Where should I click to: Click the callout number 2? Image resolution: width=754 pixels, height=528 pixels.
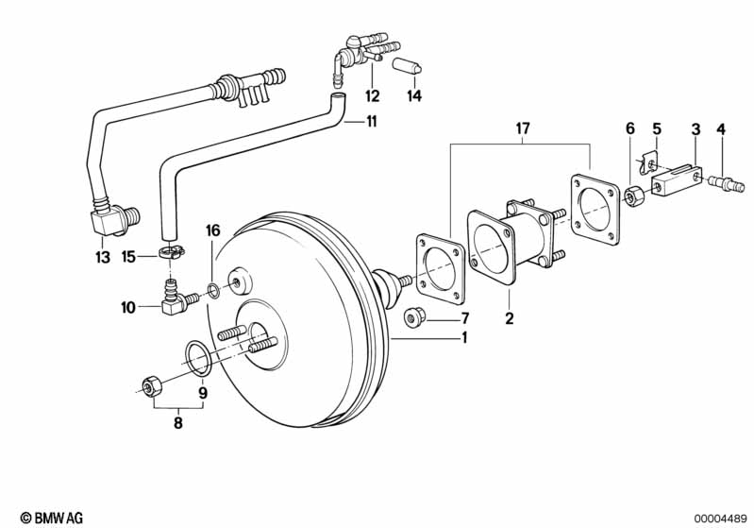[x=509, y=318]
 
